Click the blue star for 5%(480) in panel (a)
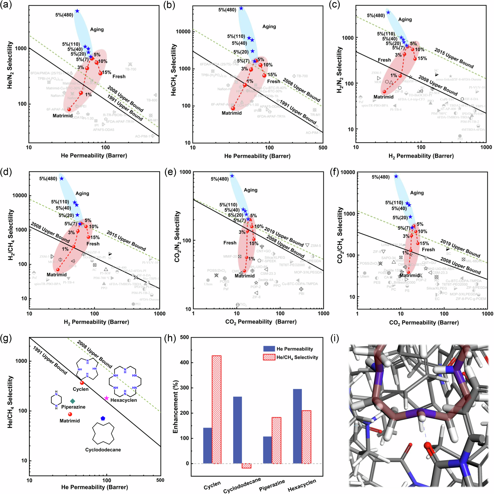[77, 11]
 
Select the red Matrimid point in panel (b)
[233, 108]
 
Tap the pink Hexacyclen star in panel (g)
[107, 398]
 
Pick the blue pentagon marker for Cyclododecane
[103, 418]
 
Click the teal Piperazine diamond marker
[73, 401]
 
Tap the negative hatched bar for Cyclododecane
[247, 466]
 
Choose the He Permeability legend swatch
[269, 349]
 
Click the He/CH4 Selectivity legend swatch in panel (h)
[269, 357]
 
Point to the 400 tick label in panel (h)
[185, 363]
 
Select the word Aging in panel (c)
[405, 20]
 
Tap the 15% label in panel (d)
[95, 237]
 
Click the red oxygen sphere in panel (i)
[428, 446]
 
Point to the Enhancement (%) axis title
[175, 401]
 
